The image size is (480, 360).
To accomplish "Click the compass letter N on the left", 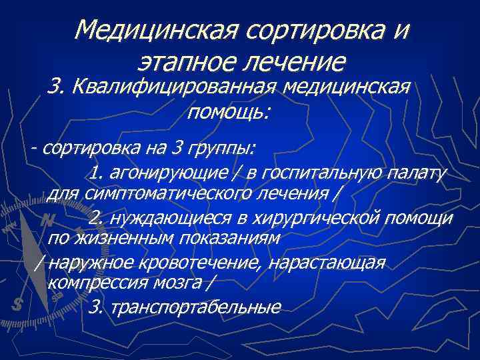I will point(46,219).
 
